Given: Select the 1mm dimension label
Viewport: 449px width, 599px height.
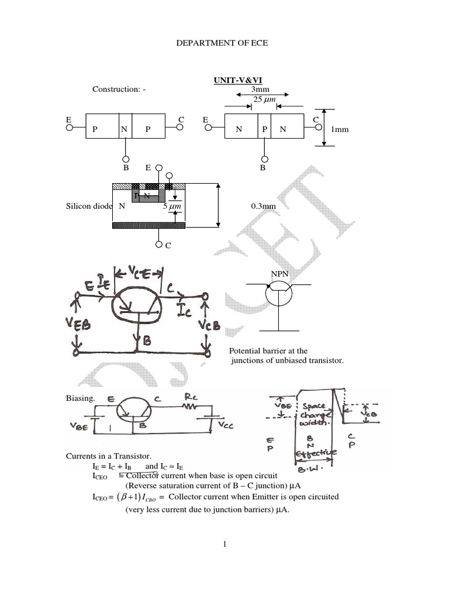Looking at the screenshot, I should click(x=340, y=129).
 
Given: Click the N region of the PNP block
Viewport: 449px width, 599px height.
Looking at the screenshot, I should click(x=124, y=130).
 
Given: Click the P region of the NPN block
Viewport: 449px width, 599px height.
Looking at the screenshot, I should click(x=264, y=130).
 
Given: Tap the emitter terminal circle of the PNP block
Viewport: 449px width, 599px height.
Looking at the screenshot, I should click(x=69, y=129).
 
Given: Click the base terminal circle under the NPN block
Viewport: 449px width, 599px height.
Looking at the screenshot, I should click(x=263, y=159).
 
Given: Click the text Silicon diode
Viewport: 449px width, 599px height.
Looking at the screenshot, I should click(x=87, y=206).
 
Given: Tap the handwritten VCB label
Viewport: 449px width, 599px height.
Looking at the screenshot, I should click(x=208, y=325).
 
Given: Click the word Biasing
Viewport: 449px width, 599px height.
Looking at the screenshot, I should click(x=77, y=398).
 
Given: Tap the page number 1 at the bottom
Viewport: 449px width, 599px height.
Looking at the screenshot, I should click(x=224, y=544).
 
